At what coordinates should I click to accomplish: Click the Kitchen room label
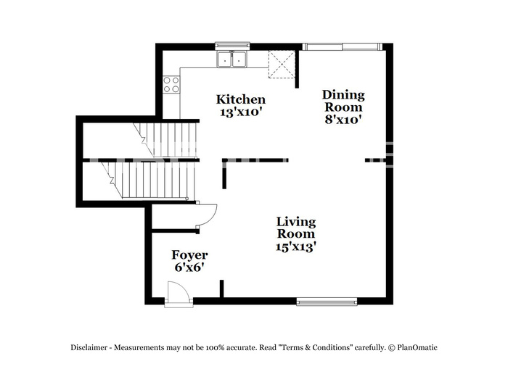pos(241,99)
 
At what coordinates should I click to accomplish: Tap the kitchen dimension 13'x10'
pos(241,112)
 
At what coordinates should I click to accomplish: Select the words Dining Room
pos(343,101)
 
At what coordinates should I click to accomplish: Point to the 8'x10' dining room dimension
pos(343,120)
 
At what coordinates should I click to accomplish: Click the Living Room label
pos(296,228)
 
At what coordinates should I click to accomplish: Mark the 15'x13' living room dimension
pos(296,247)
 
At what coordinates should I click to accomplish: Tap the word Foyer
pos(189,255)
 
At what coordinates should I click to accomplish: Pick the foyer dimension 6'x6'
pos(189,268)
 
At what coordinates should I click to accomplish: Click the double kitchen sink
pos(232,59)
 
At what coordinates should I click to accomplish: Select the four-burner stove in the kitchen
pos(171,84)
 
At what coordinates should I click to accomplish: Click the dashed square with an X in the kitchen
pos(282,65)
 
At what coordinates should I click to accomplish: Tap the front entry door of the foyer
pos(179,294)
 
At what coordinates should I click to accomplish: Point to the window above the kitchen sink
pos(233,46)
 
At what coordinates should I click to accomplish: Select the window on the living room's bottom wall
pos(327,302)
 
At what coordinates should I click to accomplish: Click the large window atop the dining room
pos(343,47)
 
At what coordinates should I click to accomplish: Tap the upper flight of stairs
pos(165,140)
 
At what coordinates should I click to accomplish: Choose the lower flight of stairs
pos(148,180)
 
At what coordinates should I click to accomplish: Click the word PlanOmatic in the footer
pos(417,348)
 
